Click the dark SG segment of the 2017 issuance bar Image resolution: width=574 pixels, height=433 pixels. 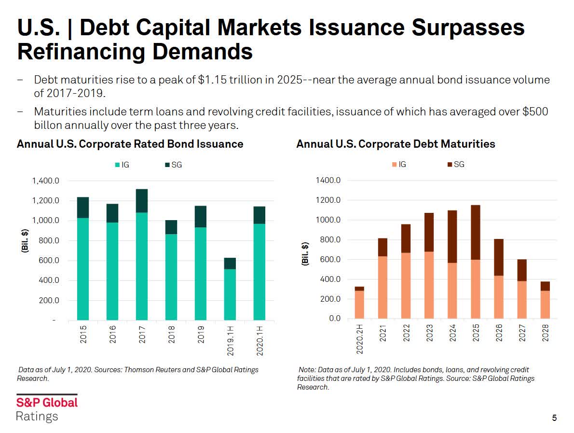point(142,201)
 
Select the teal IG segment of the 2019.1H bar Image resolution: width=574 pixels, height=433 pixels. point(230,294)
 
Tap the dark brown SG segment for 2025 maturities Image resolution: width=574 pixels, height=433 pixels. point(476,232)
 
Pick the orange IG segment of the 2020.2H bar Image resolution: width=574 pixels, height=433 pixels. point(359,305)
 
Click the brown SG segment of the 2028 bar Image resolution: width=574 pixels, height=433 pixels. point(545,286)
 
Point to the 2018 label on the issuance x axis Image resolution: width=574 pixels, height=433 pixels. point(171,335)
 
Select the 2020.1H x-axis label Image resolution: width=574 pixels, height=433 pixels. point(260,341)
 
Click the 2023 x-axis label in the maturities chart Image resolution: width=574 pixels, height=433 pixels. point(429,333)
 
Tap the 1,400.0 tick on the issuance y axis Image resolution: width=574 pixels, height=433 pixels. point(45,181)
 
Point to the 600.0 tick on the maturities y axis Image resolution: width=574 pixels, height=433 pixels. point(330,259)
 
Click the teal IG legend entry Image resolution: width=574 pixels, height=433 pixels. point(122,165)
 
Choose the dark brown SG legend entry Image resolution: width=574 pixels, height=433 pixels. point(456,165)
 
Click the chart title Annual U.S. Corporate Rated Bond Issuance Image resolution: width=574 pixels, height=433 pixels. point(130,144)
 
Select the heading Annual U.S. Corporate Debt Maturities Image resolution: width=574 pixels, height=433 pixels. point(396,144)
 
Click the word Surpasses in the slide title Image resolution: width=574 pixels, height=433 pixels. point(468,28)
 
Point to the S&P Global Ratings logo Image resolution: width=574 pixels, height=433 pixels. point(47,408)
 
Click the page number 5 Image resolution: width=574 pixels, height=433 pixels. point(554,418)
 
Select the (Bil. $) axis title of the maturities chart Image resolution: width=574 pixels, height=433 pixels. point(305,253)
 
